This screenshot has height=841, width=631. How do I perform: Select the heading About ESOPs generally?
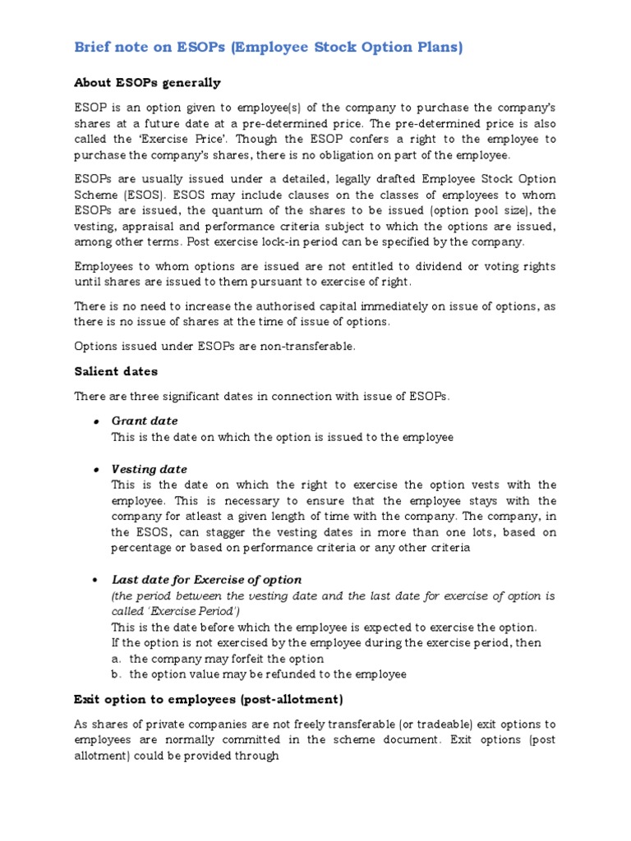[x=147, y=83]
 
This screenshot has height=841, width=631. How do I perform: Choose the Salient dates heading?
[x=116, y=371]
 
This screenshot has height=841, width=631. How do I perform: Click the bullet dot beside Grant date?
[x=97, y=421]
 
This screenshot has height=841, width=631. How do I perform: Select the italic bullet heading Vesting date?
[x=150, y=469]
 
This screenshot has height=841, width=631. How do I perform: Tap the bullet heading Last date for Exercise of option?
[x=207, y=579]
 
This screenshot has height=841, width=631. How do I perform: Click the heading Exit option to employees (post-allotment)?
[x=209, y=699]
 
